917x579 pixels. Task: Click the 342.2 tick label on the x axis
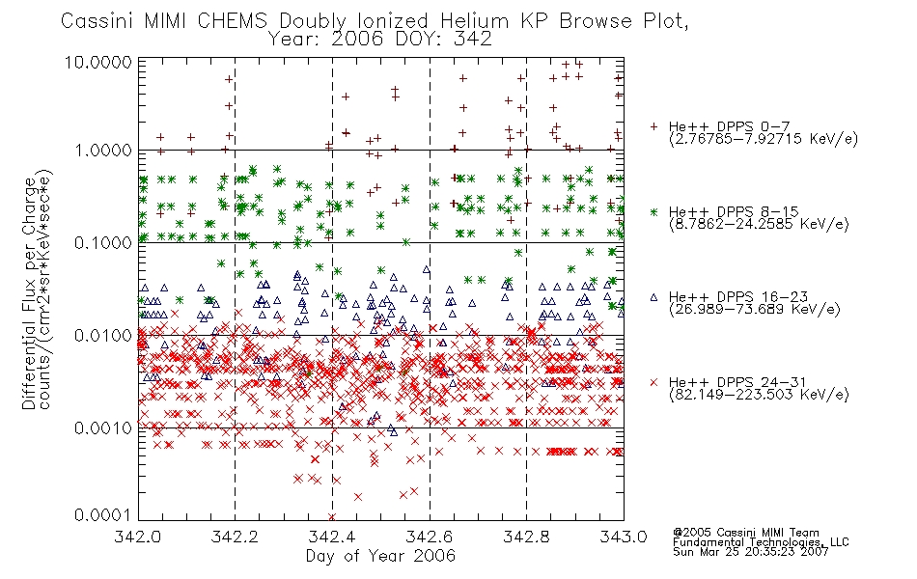click(235, 536)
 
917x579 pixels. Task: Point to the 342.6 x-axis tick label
click(430, 536)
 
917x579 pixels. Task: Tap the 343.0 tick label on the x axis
click(624, 536)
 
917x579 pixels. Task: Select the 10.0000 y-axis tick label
click(98, 62)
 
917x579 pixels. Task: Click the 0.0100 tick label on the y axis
click(103, 336)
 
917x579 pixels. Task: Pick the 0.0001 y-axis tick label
click(103, 514)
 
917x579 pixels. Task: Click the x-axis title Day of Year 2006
click(380, 556)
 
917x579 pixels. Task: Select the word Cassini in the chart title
click(98, 21)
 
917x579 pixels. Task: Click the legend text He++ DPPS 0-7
click(730, 126)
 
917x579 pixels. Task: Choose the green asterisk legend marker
click(653, 211)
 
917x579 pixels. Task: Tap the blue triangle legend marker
click(653, 297)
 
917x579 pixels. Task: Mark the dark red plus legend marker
click(653, 126)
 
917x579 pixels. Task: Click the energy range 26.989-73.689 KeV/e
click(755, 310)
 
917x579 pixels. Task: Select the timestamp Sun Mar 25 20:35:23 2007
click(750, 552)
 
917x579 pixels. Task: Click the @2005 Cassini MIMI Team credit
click(745, 533)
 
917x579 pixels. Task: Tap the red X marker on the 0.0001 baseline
click(332, 517)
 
